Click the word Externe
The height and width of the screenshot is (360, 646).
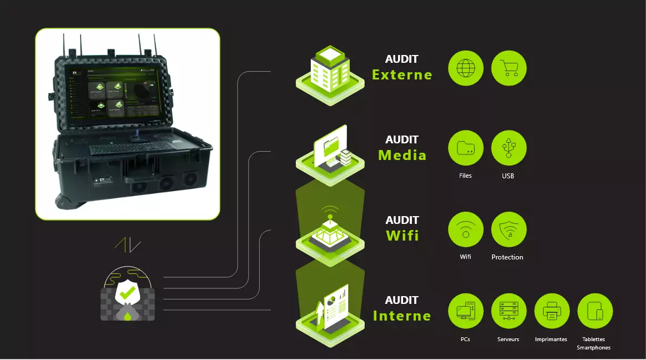402,75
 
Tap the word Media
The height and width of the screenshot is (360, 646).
402,155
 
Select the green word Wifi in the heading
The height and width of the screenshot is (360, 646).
402,236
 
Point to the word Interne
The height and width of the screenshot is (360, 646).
402,316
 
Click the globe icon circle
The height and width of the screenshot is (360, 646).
465,68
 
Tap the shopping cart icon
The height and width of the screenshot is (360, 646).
509,68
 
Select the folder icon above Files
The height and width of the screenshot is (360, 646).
465,148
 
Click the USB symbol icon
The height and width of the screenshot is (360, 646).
509,148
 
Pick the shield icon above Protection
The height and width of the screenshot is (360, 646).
509,229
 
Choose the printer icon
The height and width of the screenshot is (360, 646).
551,311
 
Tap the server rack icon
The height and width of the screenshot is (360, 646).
509,311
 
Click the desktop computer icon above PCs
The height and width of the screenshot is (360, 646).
465,311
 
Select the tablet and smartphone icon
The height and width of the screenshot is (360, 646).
595,311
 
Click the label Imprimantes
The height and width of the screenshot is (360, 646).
551,339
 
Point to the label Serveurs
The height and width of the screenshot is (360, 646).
508,339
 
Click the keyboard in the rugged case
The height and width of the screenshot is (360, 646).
132,148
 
